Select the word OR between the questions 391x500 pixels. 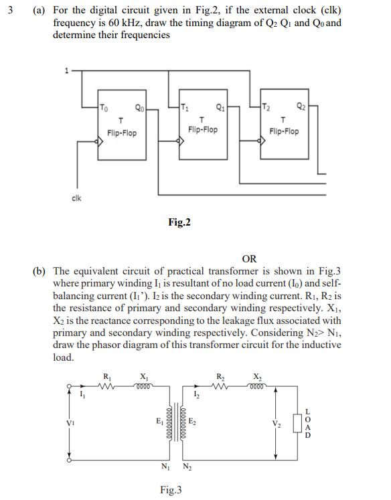pos(248,259)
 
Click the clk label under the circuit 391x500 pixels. pos(77,198)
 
